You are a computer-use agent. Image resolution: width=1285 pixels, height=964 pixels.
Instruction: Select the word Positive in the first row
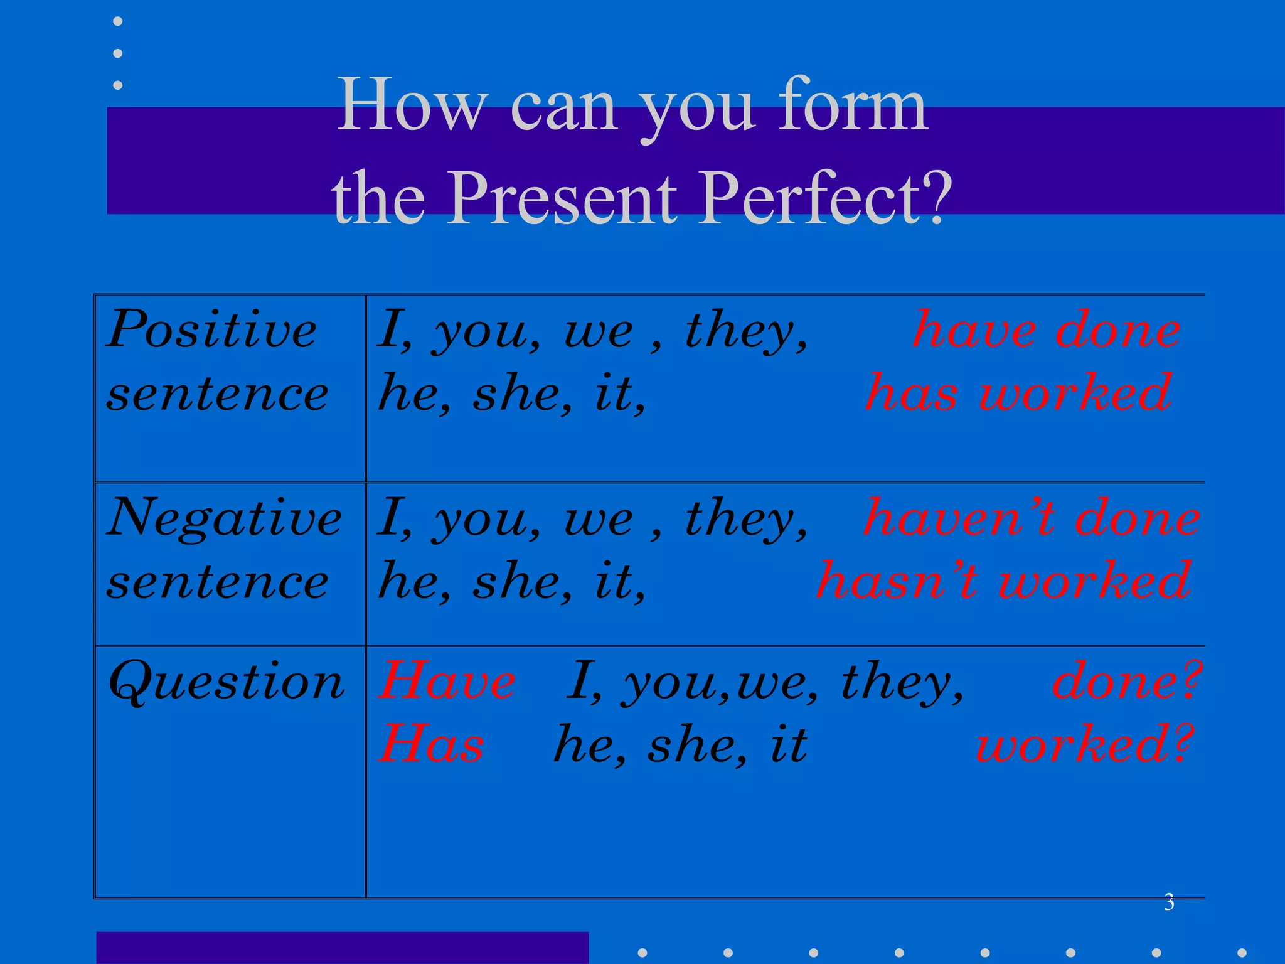pyautogui.click(x=211, y=329)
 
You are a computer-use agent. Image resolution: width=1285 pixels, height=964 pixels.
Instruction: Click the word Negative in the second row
pyautogui.click(x=224, y=518)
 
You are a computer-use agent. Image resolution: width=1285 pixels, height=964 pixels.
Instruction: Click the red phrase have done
pyautogui.click(x=1047, y=329)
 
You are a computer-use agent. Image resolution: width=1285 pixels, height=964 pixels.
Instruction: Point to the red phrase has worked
pyautogui.click(x=1018, y=392)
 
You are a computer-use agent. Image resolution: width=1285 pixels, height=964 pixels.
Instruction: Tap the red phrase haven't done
pyautogui.click(x=1032, y=518)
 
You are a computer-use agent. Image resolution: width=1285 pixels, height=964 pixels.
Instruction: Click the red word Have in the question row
pyautogui.click(x=447, y=681)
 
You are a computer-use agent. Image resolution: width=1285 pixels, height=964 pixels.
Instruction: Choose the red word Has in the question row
pyautogui.click(x=432, y=744)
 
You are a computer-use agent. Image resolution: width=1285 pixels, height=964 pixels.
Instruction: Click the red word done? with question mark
pyautogui.click(x=1126, y=681)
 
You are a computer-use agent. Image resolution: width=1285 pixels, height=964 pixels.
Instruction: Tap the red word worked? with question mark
pyautogui.click(x=1084, y=744)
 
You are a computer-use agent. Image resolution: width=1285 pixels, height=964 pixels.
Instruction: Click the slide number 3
pyautogui.click(x=1169, y=902)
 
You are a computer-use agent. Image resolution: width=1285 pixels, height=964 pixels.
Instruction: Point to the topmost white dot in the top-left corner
pyautogui.click(x=117, y=22)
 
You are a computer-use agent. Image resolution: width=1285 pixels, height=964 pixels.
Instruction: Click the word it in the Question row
pyautogui.click(x=788, y=744)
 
